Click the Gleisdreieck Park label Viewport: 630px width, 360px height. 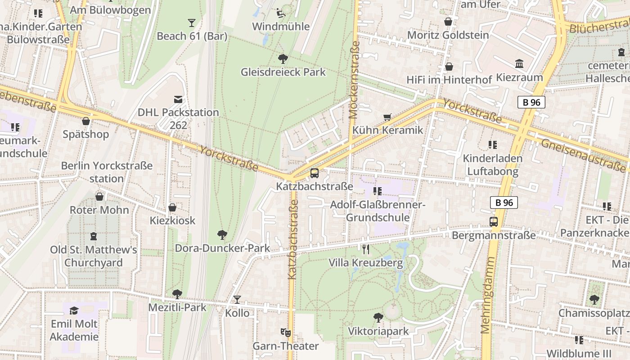point(283,72)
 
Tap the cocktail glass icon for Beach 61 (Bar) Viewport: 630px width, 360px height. point(192,22)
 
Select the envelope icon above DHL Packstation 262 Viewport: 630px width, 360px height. point(178,99)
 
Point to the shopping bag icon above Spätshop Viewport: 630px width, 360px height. point(86,121)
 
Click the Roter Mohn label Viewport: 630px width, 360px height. point(99,210)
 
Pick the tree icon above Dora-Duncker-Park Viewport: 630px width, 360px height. point(222,234)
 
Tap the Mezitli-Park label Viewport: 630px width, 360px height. point(177,307)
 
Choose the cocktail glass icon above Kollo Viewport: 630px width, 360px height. point(237,299)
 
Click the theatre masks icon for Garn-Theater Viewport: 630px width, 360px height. point(285,333)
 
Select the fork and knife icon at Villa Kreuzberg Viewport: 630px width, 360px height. point(366,249)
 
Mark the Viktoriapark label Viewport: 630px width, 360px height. point(378,332)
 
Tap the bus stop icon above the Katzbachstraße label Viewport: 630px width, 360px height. point(315,173)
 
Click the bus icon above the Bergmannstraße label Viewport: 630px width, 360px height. point(494,221)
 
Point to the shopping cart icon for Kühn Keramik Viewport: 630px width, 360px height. point(387,117)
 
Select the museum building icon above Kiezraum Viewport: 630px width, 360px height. point(519,64)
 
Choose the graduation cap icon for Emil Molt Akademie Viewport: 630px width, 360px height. point(74,310)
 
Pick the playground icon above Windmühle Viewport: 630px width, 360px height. point(280,13)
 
